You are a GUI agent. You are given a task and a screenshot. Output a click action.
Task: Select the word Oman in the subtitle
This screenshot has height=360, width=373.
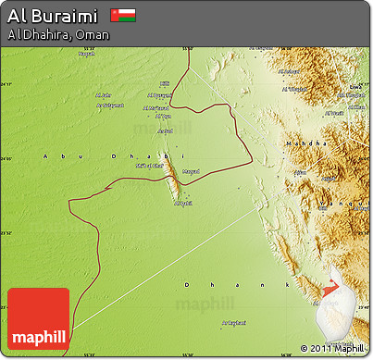coord(93,35)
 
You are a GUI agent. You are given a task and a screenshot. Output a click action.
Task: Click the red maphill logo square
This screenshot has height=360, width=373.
coord(38,318)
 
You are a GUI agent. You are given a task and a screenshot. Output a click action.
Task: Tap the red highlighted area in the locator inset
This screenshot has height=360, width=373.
coord(331,288)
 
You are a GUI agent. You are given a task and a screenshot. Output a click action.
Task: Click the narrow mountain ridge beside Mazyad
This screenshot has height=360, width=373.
coord(173,180)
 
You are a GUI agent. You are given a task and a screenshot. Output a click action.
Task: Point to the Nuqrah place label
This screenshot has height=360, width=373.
coord(86,53)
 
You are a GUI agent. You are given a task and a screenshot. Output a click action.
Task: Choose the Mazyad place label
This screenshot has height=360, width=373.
coord(191,170)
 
